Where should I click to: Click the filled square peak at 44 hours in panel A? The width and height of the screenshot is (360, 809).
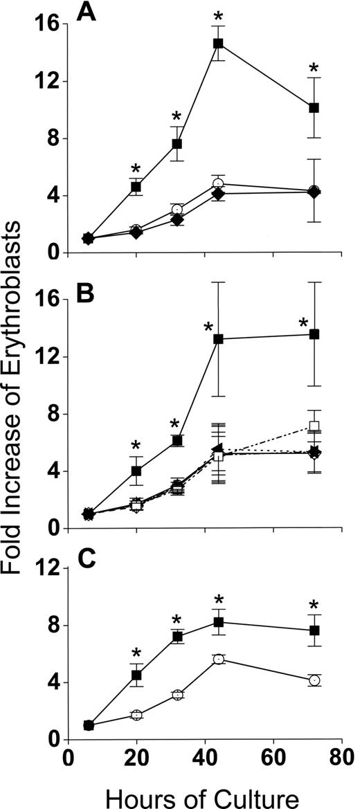point(219,44)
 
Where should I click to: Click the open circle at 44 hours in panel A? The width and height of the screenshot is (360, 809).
point(219,184)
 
